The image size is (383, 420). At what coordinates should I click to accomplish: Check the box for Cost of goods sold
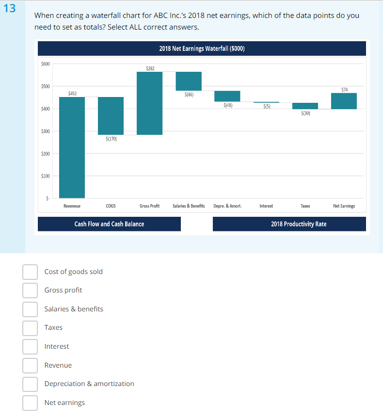click(30, 272)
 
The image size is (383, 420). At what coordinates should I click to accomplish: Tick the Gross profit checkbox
click(30, 290)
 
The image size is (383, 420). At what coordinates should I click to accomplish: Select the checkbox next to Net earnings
click(30, 403)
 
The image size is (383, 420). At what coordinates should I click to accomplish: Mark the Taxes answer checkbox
click(30, 327)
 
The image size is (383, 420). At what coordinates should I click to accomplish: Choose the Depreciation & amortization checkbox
click(30, 384)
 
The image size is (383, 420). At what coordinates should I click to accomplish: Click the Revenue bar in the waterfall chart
click(72, 147)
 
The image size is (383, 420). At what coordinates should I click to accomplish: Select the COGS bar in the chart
click(111, 116)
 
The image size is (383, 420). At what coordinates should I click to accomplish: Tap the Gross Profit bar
click(150, 103)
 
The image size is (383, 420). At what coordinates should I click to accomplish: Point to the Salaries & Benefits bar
click(189, 81)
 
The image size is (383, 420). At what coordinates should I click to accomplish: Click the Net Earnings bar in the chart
click(344, 101)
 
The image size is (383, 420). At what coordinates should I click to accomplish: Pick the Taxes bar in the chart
click(305, 106)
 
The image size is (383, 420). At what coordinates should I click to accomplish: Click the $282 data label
click(150, 68)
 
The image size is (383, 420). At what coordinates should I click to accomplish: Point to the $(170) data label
click(111, 139)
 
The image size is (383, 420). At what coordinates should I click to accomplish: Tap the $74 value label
click(344, 89)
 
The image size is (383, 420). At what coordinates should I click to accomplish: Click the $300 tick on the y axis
click(46, 131)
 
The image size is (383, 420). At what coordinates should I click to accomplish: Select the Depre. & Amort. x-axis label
click(227, 206)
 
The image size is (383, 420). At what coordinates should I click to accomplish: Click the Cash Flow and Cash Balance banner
click(109, 224)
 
